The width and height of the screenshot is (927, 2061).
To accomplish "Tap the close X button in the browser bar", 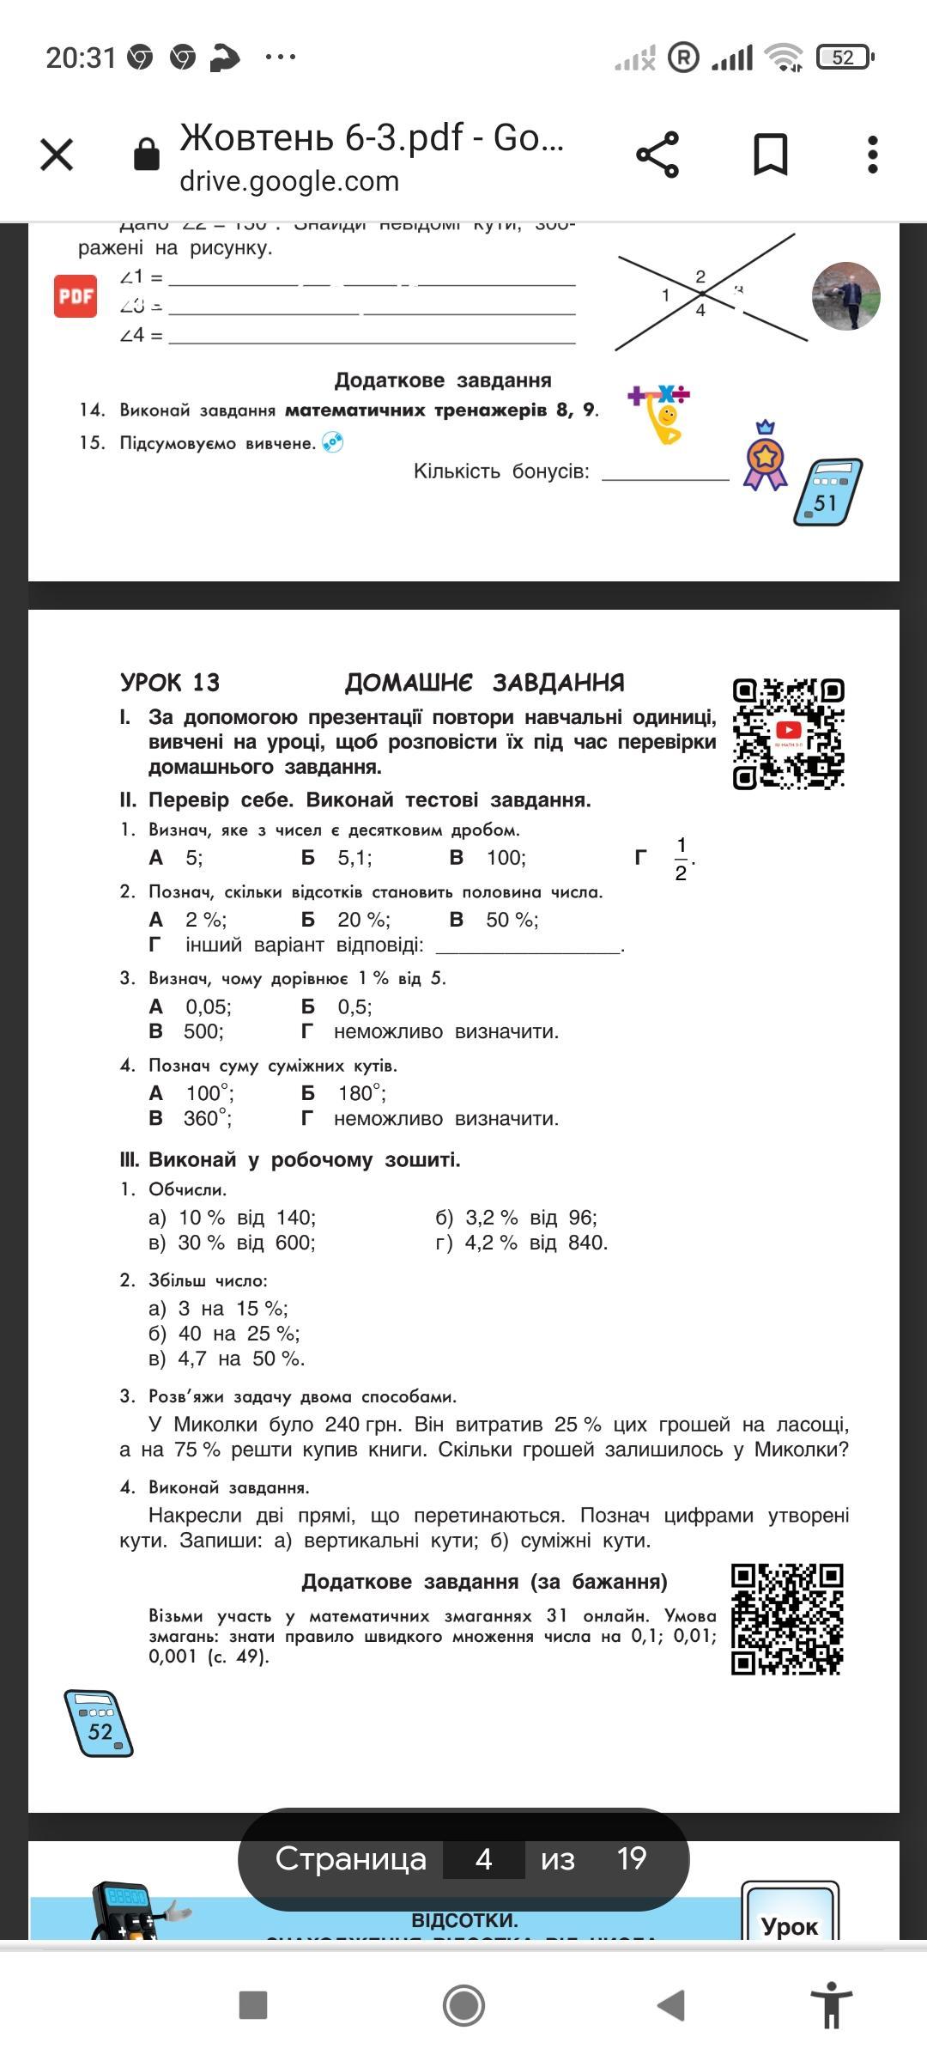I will pyautogui.click(x=57, y=155).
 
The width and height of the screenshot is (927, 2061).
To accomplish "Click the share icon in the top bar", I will pyautogui.click(x=657, y=155).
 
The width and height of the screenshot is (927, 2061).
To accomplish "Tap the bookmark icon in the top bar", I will pyautogui.click(x=770, y=155).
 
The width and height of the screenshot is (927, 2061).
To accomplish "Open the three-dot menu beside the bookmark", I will pyautogui.click(x=873, y=155).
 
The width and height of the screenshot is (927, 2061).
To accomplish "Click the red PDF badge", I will pyautogui.click(x=76, y=296).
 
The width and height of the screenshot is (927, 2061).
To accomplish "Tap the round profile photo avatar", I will pyautogui.click(x=845, y=296).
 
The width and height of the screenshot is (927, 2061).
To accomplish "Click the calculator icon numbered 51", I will pyautogui.click(x=827, y=493).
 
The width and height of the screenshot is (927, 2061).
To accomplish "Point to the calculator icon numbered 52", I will pyautogui.click(x=99, y=1723).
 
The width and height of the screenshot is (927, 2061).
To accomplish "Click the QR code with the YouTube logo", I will pyautogui.click(x=788, y=733).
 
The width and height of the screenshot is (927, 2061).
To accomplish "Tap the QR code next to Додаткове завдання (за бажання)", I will pyautogui.click(x=786, y=1619).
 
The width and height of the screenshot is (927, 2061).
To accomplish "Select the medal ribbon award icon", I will pyautogui.click(x=764, y=457).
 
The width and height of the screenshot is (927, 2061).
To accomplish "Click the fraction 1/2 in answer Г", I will pyautogui.click(x=681, y=859).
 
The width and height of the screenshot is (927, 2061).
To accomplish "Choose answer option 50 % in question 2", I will pyautogui.click(x=512, y=921).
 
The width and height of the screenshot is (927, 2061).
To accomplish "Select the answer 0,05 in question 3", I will pyautogui.click(x=208, y=1006).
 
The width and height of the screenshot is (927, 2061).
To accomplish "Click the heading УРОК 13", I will pyautogui.click(x=170, y=683).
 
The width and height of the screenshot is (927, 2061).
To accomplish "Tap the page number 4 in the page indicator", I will pyautogui.click(x=483, y=1859).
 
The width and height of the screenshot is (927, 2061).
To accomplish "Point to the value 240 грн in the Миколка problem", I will pyautogui.click(x=362, y=1425).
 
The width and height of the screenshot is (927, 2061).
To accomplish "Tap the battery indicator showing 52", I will pyautogui.click(x=845, y=58).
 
